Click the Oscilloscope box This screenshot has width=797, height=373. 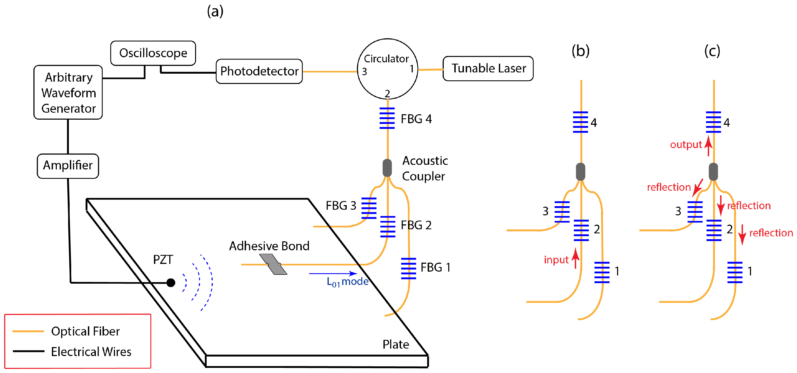(153, 53)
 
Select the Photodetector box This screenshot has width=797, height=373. (259, 71)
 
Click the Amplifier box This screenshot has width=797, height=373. (68, 166)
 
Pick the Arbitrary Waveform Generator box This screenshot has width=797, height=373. (68, 92)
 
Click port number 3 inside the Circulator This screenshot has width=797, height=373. (364, 72)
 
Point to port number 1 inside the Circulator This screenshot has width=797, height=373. (411, 69)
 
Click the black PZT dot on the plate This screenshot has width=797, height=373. (171, 282)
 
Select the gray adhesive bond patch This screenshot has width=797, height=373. (273, 264)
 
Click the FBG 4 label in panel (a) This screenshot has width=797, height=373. (416, 119)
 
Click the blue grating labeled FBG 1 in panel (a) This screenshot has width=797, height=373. (408, 268)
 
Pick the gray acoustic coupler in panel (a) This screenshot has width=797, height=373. (387, 168)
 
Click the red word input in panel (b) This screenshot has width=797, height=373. (556, 260)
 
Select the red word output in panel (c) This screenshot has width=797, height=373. (686, 145)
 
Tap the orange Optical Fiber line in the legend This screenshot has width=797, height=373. (28, 331)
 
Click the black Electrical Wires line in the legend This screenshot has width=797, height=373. (29, 351)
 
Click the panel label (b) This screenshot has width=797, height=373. (580, 51)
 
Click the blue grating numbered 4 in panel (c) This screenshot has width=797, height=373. (713, 122)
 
